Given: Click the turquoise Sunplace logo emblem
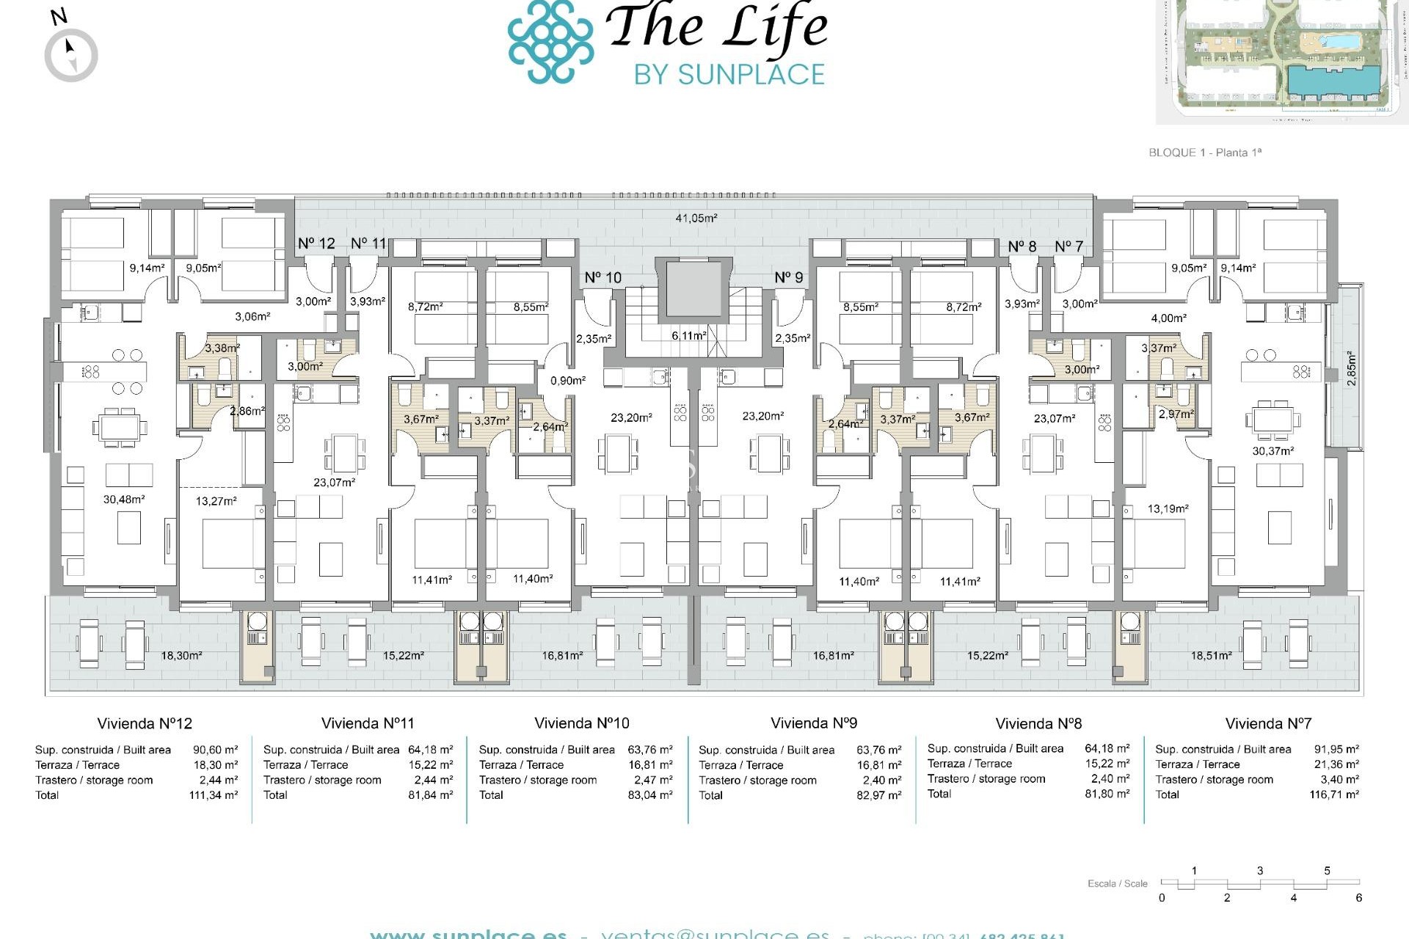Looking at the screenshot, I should pyautogui.click(x=550, y=41).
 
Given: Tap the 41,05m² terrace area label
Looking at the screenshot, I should pyautogui.click(x=696, y=218).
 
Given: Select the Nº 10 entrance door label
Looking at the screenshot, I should pyautogui.click(x=602, y=277).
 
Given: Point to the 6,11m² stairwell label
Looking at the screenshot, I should pyautogui.click(x=688, y=335).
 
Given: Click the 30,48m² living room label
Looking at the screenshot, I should pyautogui.click(x=123, y=500).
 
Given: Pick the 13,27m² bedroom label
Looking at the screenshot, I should pyautogui.click(x=216, y=501).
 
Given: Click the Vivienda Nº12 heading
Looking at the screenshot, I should pyautogui.click(x=145, y=723).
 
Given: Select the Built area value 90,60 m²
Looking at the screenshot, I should pyautogui.click(x=215, y=750).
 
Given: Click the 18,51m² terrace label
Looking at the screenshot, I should pyautogui.click(x=1211, y=656).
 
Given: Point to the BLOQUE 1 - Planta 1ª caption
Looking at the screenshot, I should pyautogui.click(x=1204, y=153).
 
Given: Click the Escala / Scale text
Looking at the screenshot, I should pyautogui.click(x=1117, y=883).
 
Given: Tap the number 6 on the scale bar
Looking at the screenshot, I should pyautogui.click(x=1358, y=898).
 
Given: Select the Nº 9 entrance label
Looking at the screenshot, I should pyautogui.click(x=789, y=277).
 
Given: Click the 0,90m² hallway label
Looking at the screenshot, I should pyautogui.click(x=568, y=381).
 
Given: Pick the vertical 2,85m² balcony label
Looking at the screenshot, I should pyautogui.click(x=1352, y=368).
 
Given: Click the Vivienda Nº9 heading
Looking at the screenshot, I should pyautogui.click(x=813, y=723).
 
